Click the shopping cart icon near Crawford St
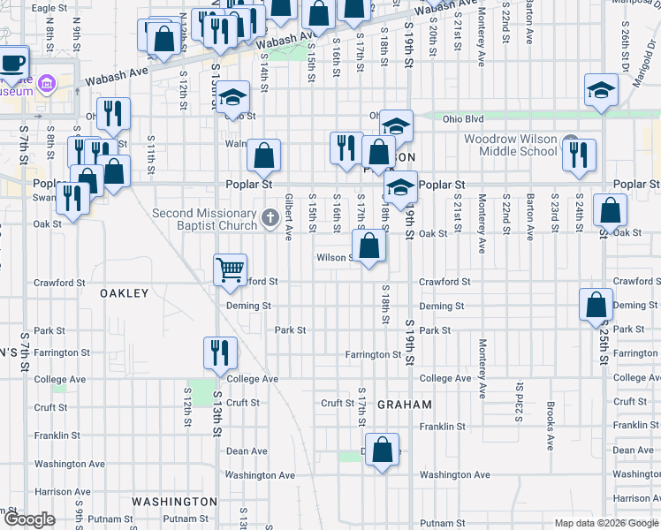point(230,269)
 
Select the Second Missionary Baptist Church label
point(205,219)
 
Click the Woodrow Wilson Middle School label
point(512,145)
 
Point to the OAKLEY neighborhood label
point(125,292)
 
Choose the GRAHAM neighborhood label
point(404,405)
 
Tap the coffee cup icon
point(12,64)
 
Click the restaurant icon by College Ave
point(217,352)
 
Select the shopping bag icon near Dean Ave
point(382,450)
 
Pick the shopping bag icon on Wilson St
point(369,245)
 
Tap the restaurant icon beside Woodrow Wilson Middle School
point(579,154)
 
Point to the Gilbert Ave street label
point(289,217)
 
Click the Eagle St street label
point(49,8)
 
